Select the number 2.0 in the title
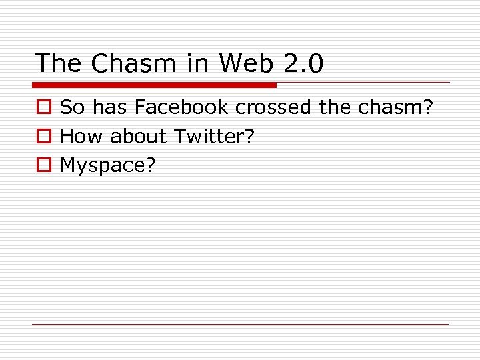pyautogui.click(x=303, y=63)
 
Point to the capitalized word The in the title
pyautogui.click(x=59, y=63)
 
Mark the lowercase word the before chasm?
pyautogui.click(x=335, y=107)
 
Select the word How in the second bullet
pyautogui.click(x=82, y=137)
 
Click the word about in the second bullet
pyautogui.click(x=138, y=137)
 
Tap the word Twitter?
pyautogui.click(x=214, y=137)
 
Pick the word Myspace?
pyautogui.click(x=107, y=166)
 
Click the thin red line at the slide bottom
pyautogui.click(x=240, y=324)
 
